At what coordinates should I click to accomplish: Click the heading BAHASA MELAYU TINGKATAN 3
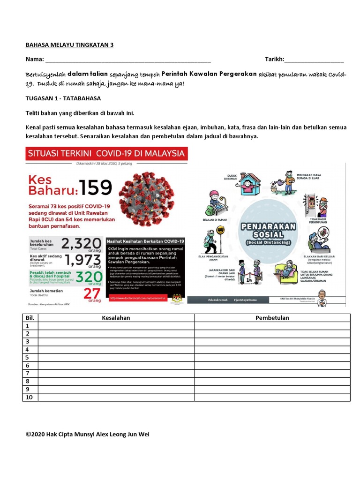coord(69,45)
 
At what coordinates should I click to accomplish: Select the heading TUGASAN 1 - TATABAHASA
coord(63,99)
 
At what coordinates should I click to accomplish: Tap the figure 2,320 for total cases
coord(81,244)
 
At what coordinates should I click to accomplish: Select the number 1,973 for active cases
coord(81,261)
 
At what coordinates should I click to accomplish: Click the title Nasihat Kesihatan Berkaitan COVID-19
coord(146,240)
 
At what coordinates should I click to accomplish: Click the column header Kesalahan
coord(116,318)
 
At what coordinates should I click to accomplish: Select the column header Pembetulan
coord(272,318)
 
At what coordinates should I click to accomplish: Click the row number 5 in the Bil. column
coord(28,358)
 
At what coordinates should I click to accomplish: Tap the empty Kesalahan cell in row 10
coord(116,397)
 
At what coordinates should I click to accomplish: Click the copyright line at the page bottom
coord(88,434)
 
